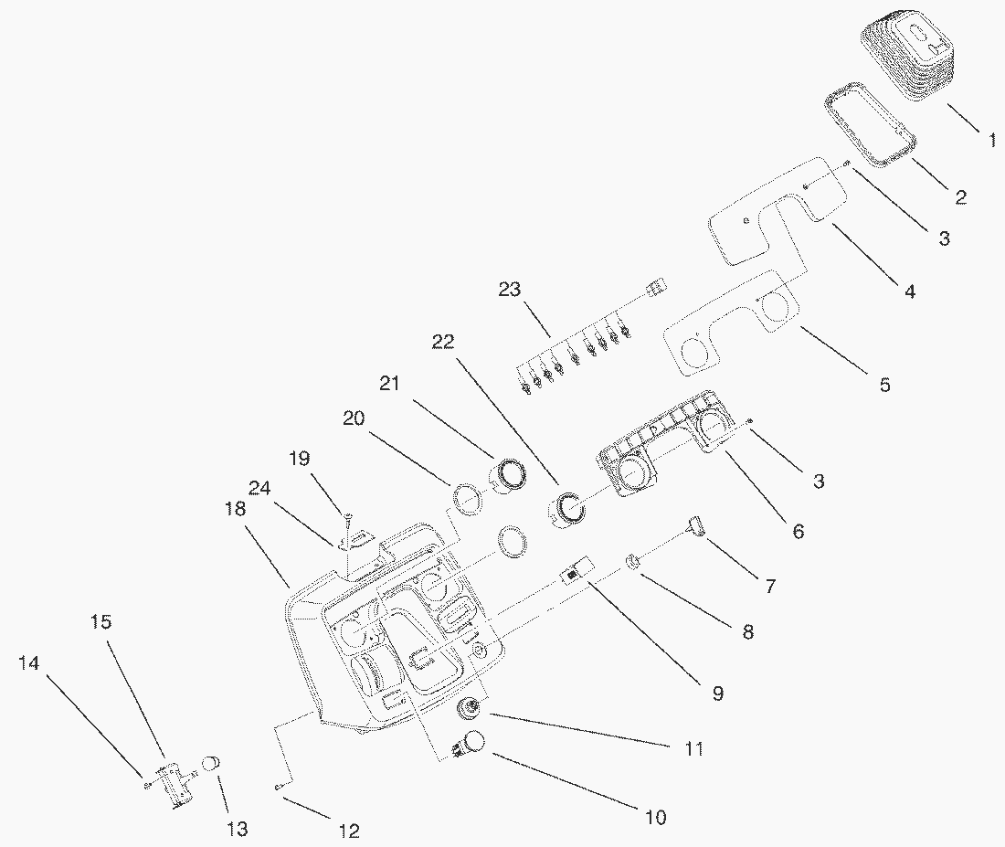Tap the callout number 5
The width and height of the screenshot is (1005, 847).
tap(884, 385)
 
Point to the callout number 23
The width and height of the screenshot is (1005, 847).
tap(510, 291)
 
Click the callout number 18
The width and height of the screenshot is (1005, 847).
tap(236, 509)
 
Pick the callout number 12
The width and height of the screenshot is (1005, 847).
tap(348, 831)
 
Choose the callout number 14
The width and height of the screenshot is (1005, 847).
tap(29, 664)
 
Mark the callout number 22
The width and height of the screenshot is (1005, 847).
tap(443, 342)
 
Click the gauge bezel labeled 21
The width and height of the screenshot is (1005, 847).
tap(509, 475)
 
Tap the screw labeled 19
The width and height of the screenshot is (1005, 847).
tap(348, 520)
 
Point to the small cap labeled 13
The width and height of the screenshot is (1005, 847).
tap(211, 766)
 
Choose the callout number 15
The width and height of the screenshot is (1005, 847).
tap(101, 622)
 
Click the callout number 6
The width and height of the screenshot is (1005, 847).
tap(798, 531)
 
